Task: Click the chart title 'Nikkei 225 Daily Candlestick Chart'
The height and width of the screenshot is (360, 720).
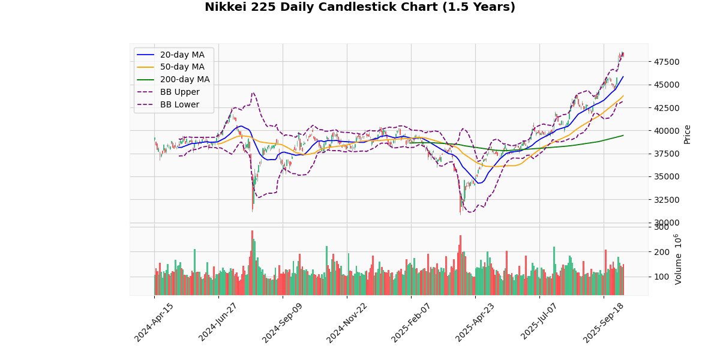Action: click(360, 7)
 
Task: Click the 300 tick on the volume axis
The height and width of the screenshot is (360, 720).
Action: click(662, 227)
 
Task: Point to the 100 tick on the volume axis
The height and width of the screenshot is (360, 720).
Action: click(662, 277)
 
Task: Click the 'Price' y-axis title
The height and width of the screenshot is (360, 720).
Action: click(688, 134)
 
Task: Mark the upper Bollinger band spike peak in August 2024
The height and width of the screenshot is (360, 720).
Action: click(253, 93)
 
